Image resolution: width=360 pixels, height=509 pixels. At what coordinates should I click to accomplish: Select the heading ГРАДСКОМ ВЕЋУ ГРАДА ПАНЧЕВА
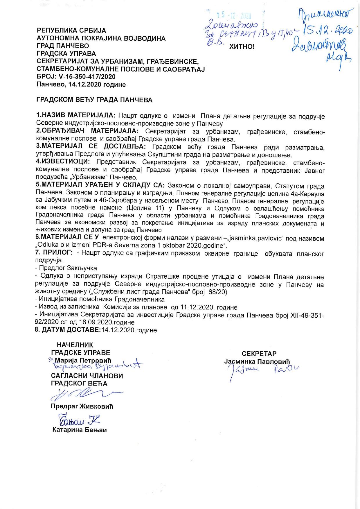[x=94, y=100]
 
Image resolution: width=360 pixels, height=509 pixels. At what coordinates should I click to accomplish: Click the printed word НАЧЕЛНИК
[x=75, y=345]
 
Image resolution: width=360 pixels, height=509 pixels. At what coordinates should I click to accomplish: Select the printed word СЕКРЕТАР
[x=259, y=354]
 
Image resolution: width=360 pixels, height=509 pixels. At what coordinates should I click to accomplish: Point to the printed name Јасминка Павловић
[x=257, y=361]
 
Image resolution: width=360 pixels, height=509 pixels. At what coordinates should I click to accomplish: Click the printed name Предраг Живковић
[x=82, y=406]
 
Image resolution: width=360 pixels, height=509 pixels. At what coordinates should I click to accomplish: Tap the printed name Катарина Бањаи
[x=80, y=430]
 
